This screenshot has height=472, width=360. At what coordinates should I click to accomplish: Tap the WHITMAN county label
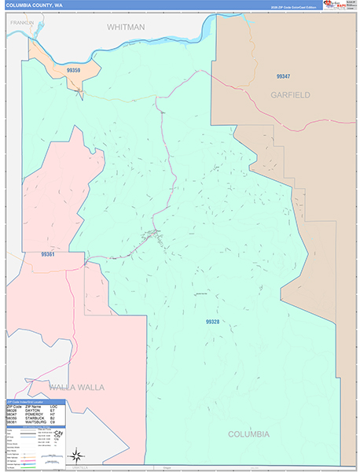[127, 27]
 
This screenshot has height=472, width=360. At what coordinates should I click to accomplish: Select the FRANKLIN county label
[19, 24]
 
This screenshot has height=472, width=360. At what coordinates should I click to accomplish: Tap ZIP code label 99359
[75, 70]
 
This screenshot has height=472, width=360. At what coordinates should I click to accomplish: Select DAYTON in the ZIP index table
[32, 411]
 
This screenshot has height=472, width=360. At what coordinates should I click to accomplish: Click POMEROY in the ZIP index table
[33, 415]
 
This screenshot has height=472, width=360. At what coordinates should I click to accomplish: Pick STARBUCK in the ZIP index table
[33, 419]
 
